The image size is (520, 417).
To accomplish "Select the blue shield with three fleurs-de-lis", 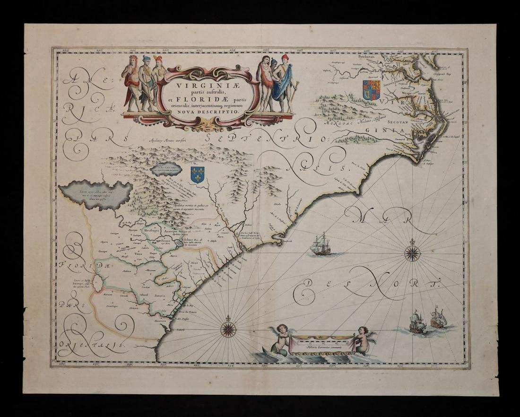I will [197, 174].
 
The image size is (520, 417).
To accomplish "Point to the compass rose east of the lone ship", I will [412, 253].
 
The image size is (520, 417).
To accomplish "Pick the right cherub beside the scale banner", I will [364, 339].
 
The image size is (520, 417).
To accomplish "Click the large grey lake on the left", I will [95, 194].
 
